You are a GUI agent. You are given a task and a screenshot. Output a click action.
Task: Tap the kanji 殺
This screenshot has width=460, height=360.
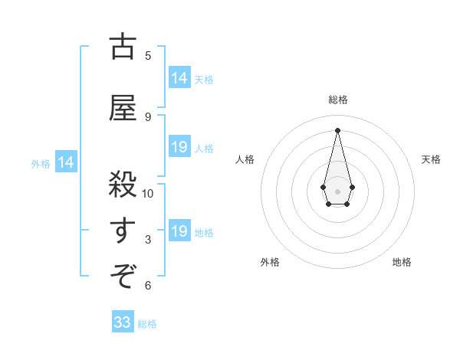[122, 185]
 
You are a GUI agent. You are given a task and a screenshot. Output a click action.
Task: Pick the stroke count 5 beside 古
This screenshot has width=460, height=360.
[148, 55]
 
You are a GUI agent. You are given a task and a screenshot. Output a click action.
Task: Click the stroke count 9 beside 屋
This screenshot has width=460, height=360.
[148, 117]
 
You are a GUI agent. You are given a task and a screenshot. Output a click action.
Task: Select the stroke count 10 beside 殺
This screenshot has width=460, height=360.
[148, 193]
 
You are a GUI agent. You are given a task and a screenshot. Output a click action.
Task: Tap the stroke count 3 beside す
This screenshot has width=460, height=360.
[148, 240]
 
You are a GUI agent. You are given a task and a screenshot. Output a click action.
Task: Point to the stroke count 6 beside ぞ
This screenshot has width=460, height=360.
[148, 286]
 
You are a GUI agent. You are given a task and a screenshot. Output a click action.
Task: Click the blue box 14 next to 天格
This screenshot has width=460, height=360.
[179, 78]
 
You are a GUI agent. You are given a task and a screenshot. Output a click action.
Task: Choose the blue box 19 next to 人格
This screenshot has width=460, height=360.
[179, 147]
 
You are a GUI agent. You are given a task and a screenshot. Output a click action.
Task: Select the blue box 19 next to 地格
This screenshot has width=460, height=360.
[179, 231]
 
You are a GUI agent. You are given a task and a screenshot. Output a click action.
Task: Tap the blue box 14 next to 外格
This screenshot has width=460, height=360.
[65, 162]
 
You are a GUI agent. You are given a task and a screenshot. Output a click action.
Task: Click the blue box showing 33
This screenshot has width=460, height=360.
[123, 322]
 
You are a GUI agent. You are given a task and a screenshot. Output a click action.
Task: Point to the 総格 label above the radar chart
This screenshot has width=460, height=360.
[338, 100]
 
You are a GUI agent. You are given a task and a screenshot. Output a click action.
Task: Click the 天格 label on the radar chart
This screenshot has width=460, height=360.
[431, 159]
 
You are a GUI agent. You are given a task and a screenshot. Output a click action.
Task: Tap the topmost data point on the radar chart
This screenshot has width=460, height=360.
[337, 129]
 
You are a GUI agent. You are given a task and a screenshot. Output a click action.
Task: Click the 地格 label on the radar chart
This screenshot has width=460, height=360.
[402, 262]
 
